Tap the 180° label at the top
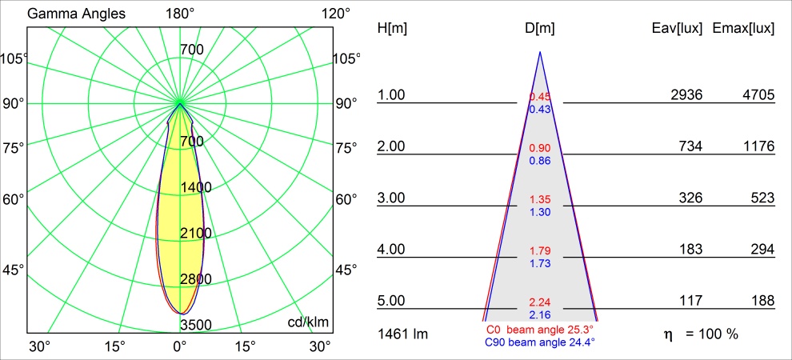180,14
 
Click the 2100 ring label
195,234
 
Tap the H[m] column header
392,28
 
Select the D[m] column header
540,28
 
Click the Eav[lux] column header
678,28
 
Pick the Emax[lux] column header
743,28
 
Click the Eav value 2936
686,95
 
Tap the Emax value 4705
758,95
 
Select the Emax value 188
762,302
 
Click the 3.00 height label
392,198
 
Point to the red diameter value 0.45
540,98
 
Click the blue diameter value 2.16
540,314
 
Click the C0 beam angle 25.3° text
539,330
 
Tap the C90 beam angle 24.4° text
539,342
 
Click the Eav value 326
690,198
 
